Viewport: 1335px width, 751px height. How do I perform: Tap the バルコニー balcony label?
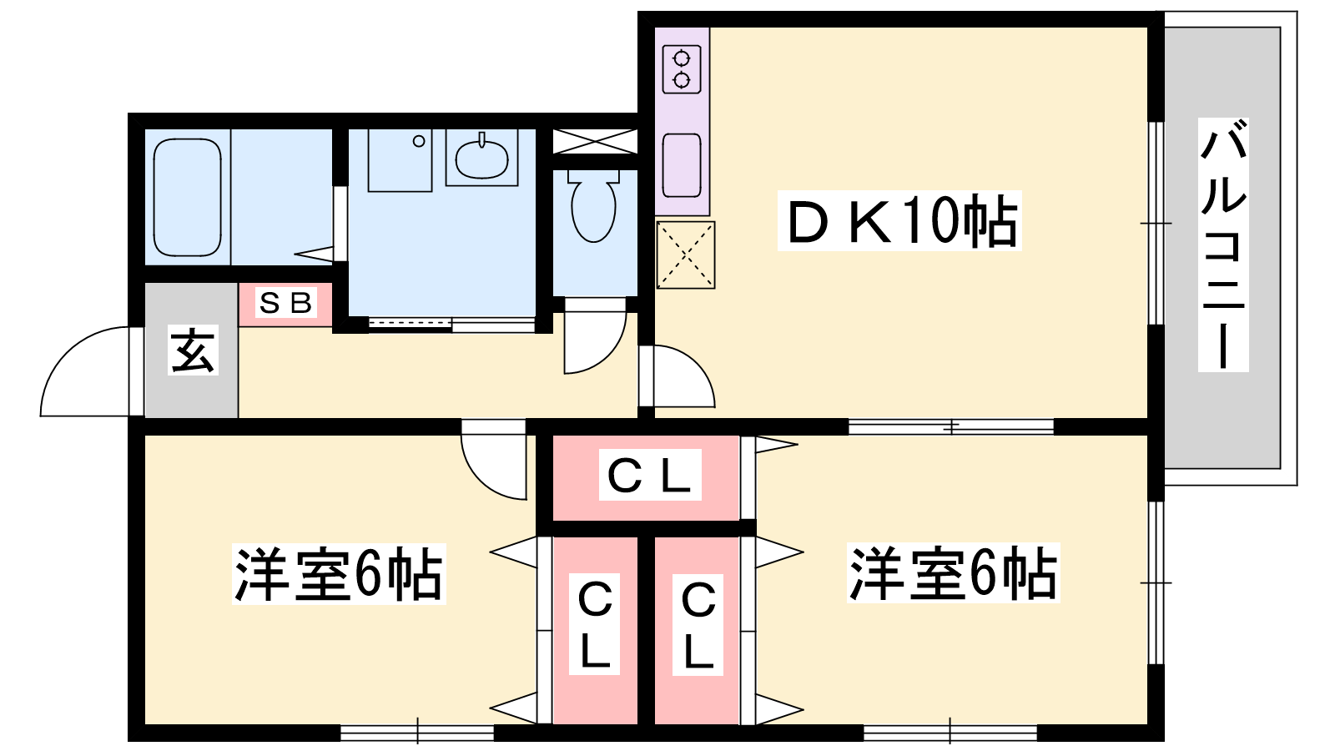pos(1223,245)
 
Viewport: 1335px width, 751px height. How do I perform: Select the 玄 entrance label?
pos(193,350)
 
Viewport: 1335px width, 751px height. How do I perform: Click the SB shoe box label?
pos(285,303)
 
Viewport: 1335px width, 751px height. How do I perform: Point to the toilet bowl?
pos(593,206)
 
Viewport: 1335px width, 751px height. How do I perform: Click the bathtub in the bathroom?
pos(187,197)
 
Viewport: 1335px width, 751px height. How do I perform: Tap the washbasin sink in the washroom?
pos(481,158)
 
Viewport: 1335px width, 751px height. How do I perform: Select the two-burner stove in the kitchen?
pos(682,69)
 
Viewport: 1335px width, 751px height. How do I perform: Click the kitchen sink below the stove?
pos(682,165)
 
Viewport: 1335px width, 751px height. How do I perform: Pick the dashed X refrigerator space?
pos(685,255)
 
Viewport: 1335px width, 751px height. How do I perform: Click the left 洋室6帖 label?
pos(339,574)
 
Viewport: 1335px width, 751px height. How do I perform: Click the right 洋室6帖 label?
pos(953,572)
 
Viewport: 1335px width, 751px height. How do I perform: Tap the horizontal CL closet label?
pos(650,475)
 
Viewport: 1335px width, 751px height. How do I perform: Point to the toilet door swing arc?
pos(609,355)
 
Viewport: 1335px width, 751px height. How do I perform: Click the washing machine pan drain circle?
pos(419,141)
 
